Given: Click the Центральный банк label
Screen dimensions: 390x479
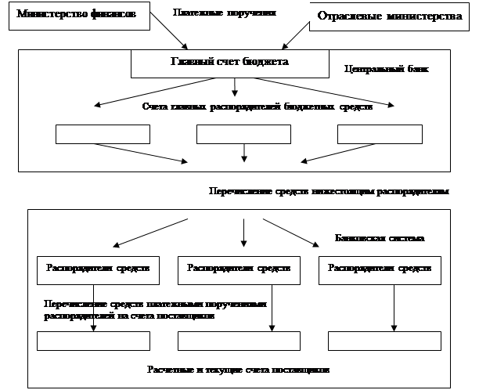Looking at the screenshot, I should (x=386, y=69).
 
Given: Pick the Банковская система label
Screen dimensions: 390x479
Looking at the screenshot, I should (x=379, y=237).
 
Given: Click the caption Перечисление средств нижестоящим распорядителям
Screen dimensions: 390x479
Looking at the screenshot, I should (x=329, y=190).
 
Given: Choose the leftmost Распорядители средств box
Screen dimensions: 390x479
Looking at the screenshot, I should (x=99, y=268).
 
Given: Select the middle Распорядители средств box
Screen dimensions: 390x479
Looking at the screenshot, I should (x=239, y=268).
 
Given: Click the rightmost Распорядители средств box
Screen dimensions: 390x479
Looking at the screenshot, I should (x=380, y=268).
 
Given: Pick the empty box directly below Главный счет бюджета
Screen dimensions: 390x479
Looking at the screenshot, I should (x=243, y=134).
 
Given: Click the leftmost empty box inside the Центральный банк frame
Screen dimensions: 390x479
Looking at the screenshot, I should (x=103, y=134).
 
